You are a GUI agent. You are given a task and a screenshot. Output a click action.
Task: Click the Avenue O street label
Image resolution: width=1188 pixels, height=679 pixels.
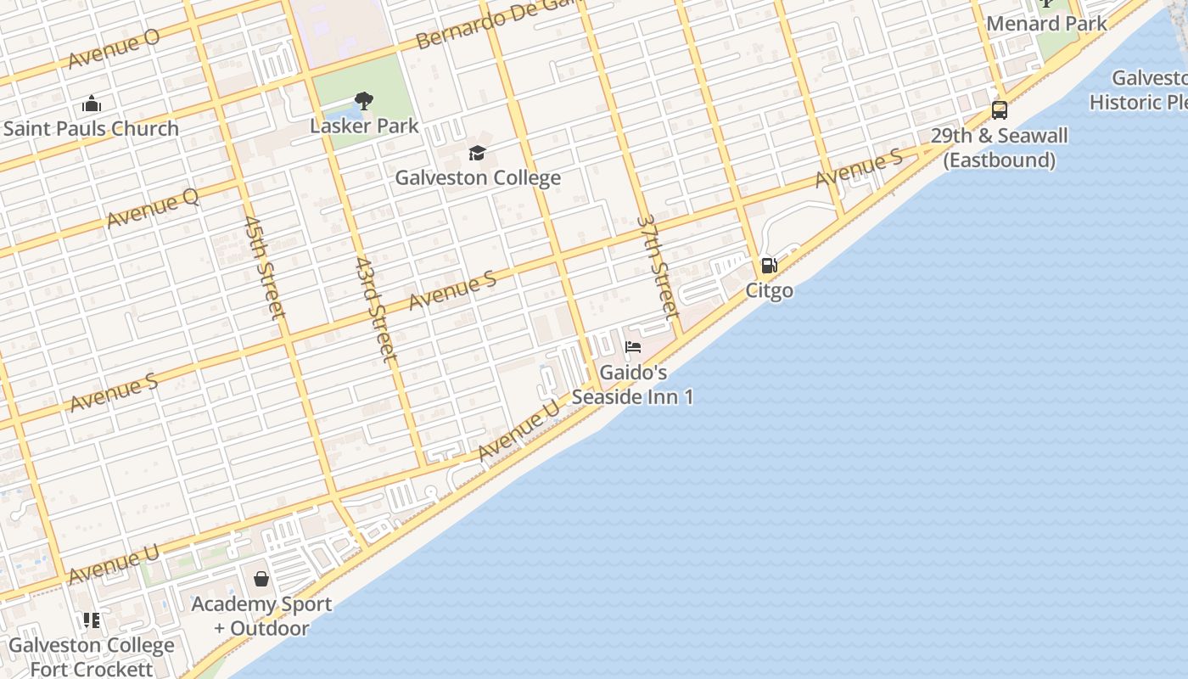pyautogui.click(x=114, y=49)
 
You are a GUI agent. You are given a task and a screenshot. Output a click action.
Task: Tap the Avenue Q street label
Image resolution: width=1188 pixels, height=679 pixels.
pyautogui.click(x=153, y=208)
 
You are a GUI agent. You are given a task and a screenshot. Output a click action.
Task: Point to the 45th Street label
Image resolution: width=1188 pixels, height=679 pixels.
pyautogui.click(x=263, y=266)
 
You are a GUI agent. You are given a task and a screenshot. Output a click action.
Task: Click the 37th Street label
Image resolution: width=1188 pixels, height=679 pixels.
pyautogui.click(x=658, y=266)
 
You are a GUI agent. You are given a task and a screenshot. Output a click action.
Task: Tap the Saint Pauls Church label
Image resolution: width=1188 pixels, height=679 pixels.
pyautogui.click(x=92, y=129)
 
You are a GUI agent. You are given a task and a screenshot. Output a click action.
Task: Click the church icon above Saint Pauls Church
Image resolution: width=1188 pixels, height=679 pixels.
pyautogui.click(x=92, y=104)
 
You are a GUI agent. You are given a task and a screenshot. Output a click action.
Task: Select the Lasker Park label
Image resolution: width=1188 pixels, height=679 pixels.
pyautogui.click(x=364, y=126)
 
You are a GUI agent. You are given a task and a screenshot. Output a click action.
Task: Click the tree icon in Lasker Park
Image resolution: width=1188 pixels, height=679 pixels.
pyautogui.click(x=364, y=102)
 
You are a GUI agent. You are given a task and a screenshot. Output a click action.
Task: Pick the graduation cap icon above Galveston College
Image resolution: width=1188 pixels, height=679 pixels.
pyautogui.click(x=478, y=154)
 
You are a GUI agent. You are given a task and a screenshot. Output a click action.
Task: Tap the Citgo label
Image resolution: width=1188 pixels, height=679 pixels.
pyautogui.click(x=770, y=290)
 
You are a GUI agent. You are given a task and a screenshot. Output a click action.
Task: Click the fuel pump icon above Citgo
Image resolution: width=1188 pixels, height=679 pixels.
pyautogui.click(x=769, y=266)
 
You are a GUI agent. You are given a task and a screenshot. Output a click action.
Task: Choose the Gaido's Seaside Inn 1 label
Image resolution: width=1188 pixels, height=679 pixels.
pyautogui.click(x=632, y=384)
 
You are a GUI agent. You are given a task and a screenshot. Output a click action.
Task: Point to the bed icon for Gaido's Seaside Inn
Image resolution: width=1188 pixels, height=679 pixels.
pyautogui.click(x=633, y=346)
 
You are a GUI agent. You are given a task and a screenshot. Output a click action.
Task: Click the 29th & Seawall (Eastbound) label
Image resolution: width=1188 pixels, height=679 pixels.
pyautogui.click(x=1000, y=148)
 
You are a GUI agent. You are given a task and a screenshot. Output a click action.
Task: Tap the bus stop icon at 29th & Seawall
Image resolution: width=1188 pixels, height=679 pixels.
pyautogui.click(x=1000, y=110)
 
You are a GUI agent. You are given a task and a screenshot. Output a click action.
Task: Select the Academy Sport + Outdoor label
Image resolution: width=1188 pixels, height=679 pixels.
pyautogui.click(x=261, y=616)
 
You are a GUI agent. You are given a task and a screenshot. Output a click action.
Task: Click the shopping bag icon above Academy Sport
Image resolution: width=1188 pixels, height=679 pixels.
pyautogui.click(x=261, y=579)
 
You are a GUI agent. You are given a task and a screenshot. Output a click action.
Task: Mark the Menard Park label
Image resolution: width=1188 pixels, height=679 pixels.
pyautogui.click(x=1046, y=23)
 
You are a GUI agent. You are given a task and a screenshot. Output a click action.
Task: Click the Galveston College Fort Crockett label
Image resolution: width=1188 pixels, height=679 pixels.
pyautogui.click(x=92, y=657)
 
